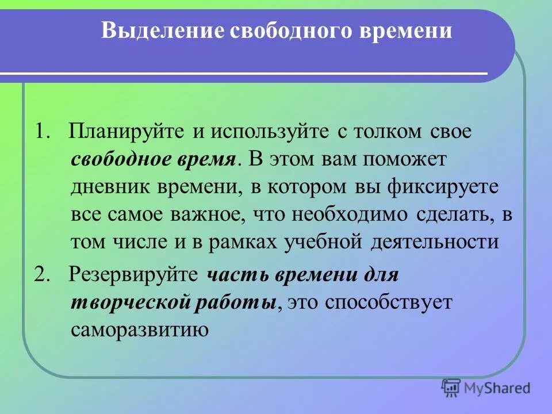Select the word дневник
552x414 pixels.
[106, 187]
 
